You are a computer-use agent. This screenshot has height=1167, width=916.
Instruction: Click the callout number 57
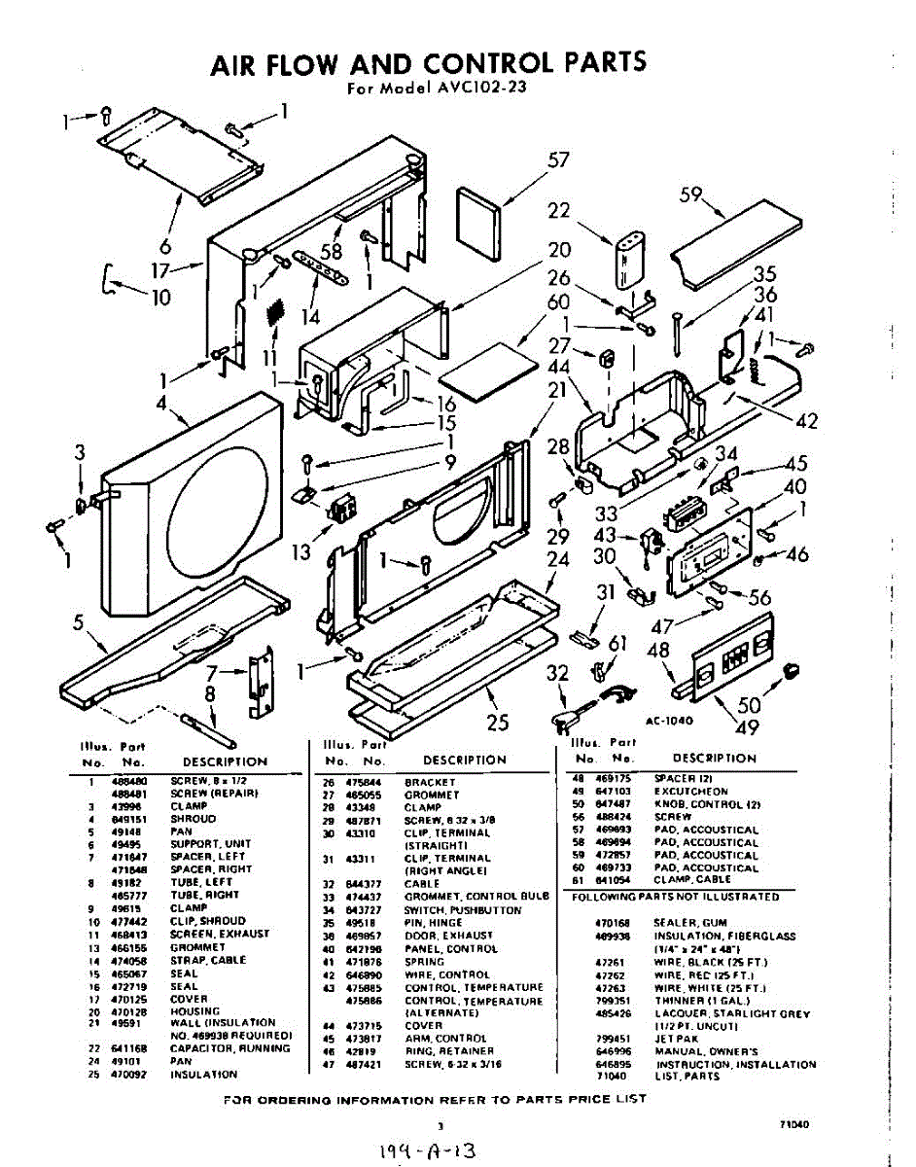click(558, 161)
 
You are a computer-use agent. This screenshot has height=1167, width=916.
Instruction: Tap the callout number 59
click(691, 194)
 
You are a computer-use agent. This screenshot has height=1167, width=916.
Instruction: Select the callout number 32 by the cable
click(556, 674)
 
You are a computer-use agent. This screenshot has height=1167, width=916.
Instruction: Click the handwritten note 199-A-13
click(430, 1151)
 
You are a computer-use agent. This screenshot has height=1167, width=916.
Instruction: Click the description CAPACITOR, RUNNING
click(229, 1048)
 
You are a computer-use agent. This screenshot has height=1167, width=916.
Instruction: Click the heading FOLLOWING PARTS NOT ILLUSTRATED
click(675, 896)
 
